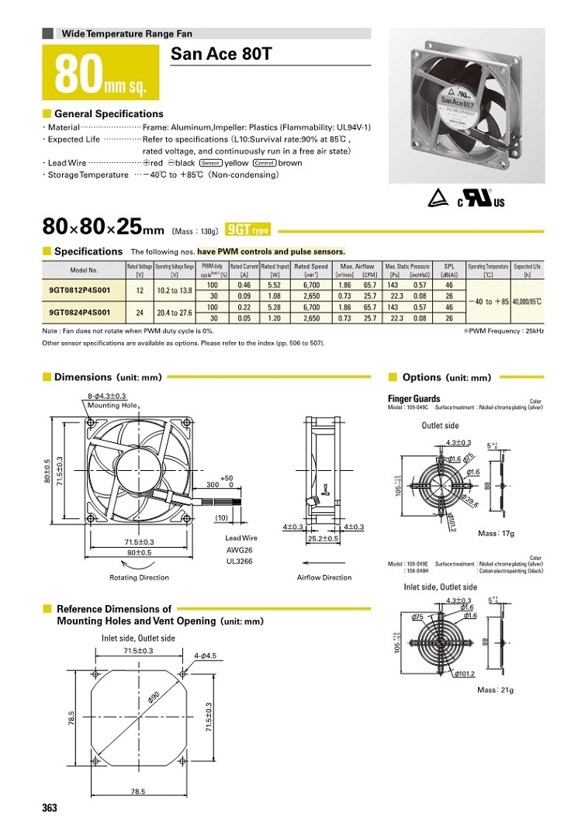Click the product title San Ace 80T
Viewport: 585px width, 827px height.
pyautogui.click(x=221, y=54)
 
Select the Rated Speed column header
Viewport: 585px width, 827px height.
pyautogui.click(x=311, y=269)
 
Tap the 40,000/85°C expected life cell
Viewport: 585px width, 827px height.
pyautogui.click(x=528, y=302)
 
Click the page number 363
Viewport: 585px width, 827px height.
pyautogui.click(x=50, y=808)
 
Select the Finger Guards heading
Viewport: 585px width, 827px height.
pyautogui.click(x=414, y=399)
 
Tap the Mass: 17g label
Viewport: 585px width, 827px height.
pyautogui.click(x=496, y=534)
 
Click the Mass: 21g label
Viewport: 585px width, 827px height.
pyautogui.click(x=495, y=690)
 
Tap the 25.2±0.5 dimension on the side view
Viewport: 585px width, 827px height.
pyautogui.click(x=323, y=538)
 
